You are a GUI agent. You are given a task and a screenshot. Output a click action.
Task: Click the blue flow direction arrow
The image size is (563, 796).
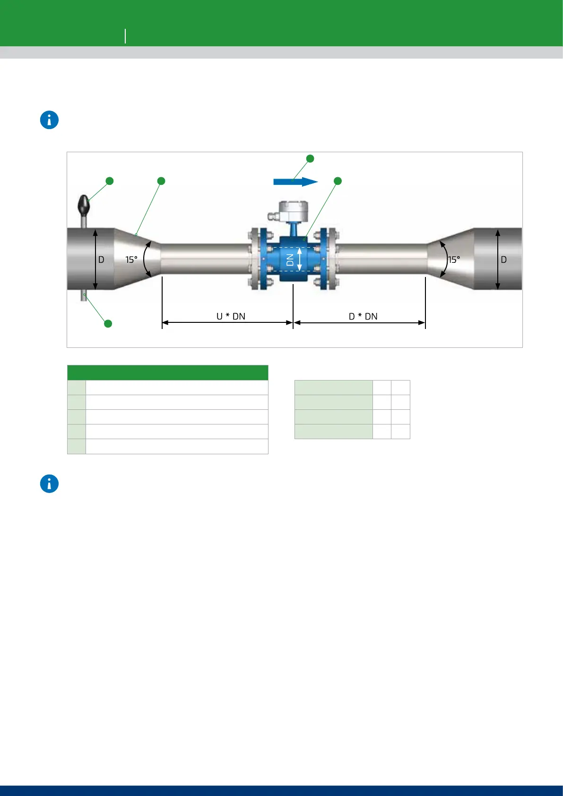pyautogui.click(x=295, y=182)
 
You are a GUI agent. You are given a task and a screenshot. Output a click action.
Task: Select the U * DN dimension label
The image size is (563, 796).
pyautogui.click(x=231, y=316)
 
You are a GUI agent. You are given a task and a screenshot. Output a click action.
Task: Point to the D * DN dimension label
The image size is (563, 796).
pyautogui.click(x=363, y=316)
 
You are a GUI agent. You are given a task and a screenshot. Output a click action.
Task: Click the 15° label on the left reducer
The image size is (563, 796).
pyautogui.click(x=131, y=260)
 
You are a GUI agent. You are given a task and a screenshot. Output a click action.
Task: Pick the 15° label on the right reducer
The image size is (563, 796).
pyautogui.click(x=454, y=260)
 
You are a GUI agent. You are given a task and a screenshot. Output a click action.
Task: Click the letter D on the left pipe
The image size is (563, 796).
pyautogui.click(x=101, y=260)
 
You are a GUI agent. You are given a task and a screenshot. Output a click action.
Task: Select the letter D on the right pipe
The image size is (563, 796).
pyautogui.click(x=503, y=260)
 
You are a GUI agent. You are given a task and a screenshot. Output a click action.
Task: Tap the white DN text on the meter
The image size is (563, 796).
pyautogui.click(x=290, y=260)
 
